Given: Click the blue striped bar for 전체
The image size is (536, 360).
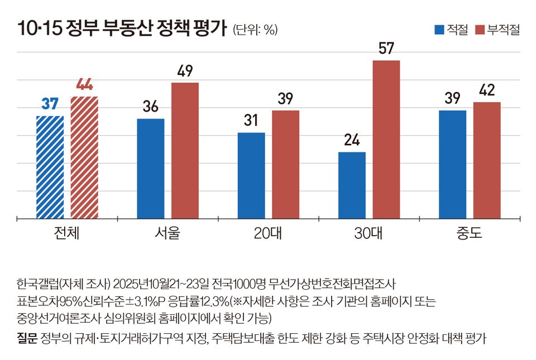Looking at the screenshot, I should coord(50,167).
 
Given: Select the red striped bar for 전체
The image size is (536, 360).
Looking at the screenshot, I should coord(84,158).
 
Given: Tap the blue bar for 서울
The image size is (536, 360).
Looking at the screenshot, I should coord(151,169).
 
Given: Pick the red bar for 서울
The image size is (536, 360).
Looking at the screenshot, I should coord(185,151).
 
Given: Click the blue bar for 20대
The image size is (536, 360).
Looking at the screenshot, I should coord(251,176).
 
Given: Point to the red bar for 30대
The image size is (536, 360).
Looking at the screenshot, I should coord(386,140).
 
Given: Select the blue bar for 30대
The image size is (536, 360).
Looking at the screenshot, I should coord(352,185).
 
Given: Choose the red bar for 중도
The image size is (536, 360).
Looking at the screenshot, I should coord(487,161).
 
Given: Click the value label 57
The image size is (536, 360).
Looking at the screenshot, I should coord(386,48).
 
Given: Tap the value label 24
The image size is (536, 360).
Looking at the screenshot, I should coord(352,140).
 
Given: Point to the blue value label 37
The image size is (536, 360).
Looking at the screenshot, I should coord(50,104).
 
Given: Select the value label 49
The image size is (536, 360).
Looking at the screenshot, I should coord(185,71).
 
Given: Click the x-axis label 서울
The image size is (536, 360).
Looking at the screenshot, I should coord(167,233).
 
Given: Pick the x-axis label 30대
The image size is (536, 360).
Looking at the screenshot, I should coord(368,233).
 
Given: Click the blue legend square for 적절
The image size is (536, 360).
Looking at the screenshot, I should coord(439,30).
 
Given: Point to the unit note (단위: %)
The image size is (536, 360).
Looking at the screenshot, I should coord(255,30).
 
